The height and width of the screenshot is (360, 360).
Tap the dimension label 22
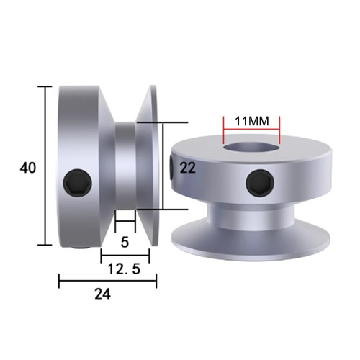(188, 168)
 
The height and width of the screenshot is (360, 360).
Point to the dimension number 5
(125, 243)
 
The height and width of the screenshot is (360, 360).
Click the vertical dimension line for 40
(48, 168)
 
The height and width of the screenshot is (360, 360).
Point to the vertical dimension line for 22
(164, 166)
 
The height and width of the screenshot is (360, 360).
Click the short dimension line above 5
(125, 221)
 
